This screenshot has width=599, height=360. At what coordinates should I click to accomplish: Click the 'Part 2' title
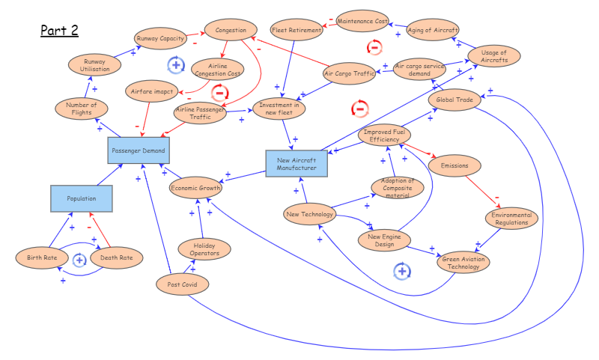(59, 31)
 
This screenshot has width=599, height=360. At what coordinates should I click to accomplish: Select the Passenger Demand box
(138, 150)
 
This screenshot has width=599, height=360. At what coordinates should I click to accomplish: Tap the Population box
(82, 198)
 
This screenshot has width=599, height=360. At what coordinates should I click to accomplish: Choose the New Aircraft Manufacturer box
(297, 164)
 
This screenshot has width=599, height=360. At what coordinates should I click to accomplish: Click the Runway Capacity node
(160, 38)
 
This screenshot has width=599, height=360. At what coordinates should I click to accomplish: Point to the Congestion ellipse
(231, 31)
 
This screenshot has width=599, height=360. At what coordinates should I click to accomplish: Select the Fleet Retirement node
(297, 31)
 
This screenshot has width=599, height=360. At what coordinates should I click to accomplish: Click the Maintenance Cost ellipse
(362, 21)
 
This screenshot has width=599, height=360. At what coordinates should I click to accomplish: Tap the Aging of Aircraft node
(433, 30)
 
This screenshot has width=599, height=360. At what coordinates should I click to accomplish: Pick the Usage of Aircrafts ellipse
(494, 56)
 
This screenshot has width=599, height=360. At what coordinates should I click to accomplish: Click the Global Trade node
(454, 100)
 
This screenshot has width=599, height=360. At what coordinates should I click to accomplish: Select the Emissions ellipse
(454, 165)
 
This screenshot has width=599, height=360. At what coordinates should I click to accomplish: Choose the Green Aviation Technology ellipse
(460, 262)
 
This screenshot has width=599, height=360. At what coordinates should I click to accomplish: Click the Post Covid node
(183, 284)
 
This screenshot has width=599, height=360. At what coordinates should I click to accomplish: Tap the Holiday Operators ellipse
(204, 249)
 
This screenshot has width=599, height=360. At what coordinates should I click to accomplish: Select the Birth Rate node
(42, 258)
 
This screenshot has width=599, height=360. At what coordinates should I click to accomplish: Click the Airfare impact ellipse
(152, 91)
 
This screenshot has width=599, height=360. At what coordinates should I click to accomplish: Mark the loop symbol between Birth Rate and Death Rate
(79, 260)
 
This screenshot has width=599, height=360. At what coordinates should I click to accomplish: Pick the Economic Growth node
(196, 189)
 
